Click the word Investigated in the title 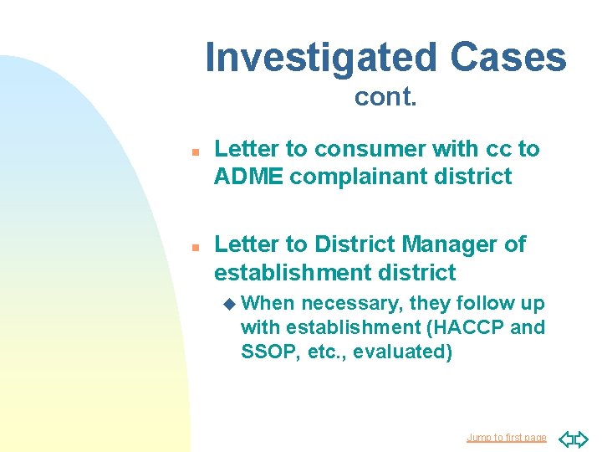tap(321, 58)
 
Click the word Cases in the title tap(508, 58)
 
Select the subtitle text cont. tap(385, 97)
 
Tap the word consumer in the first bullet tap(356, 149)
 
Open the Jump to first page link tap(506, 437)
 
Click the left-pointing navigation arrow tap(564, 437)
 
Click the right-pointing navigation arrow tap(581, 437)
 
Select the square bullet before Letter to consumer tap(193, 152)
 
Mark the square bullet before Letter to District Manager tap(193, 248)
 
